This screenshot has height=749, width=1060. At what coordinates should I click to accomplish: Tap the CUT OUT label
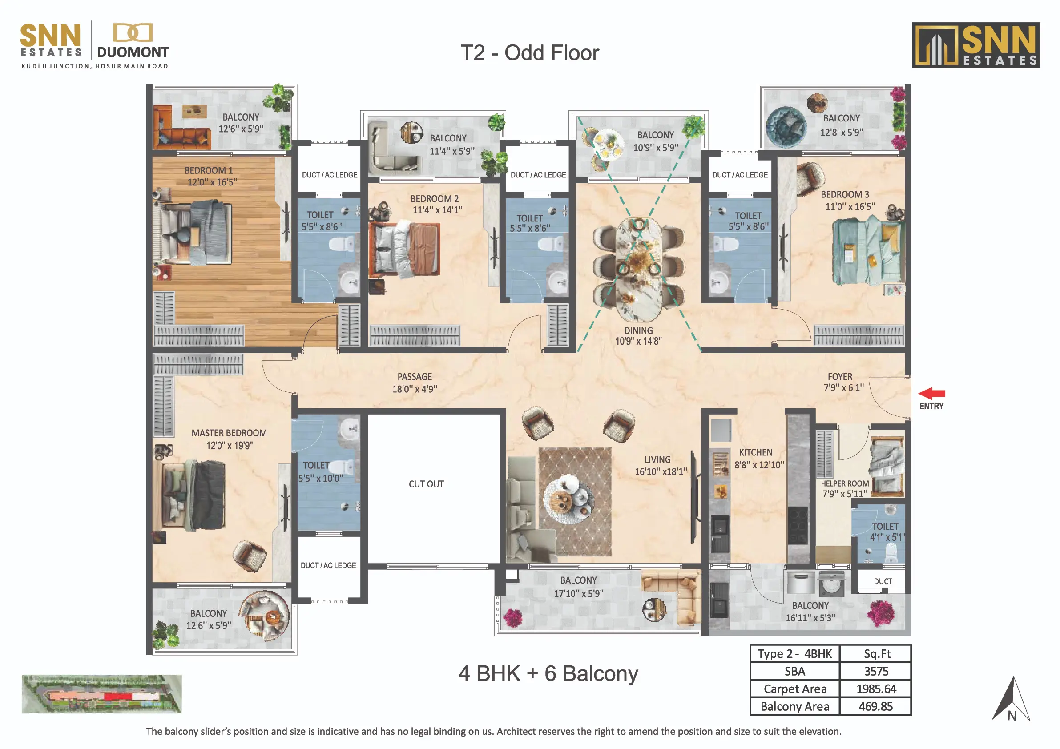[426, 484]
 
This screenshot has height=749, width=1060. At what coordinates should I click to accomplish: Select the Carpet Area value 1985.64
[876, 689]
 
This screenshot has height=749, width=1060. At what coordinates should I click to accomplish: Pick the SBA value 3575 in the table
[876, 672]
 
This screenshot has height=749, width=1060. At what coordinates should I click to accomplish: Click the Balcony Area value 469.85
[876, 707]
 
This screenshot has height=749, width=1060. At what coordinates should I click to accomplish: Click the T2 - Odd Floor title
[529, 52]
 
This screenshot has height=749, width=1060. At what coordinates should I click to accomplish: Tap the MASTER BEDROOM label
[229, 433]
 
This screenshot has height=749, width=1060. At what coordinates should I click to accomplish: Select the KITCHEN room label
[756, 452]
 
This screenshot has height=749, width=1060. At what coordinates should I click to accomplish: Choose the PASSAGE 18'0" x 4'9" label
[415, 383]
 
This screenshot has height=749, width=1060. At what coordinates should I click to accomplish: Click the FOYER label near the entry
[840, 377]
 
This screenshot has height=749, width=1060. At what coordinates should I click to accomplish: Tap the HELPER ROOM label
[845, 483]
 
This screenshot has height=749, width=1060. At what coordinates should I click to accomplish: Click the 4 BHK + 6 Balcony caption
[548, 674]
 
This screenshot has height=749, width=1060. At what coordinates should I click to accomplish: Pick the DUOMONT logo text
[133, 52]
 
